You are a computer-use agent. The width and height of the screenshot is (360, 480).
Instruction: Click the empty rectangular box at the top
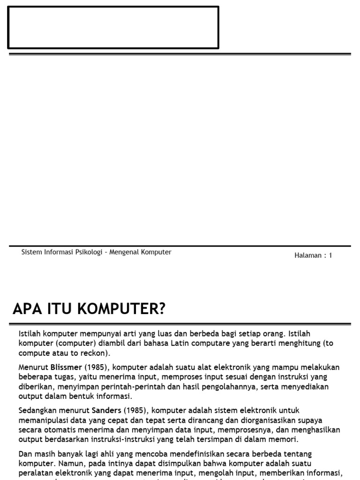(113, 28)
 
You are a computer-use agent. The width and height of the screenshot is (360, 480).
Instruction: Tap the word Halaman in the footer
(308, 255)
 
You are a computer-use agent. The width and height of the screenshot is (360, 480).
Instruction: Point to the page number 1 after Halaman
(330, 255)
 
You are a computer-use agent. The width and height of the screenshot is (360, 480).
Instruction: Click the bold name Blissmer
(66, 367)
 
